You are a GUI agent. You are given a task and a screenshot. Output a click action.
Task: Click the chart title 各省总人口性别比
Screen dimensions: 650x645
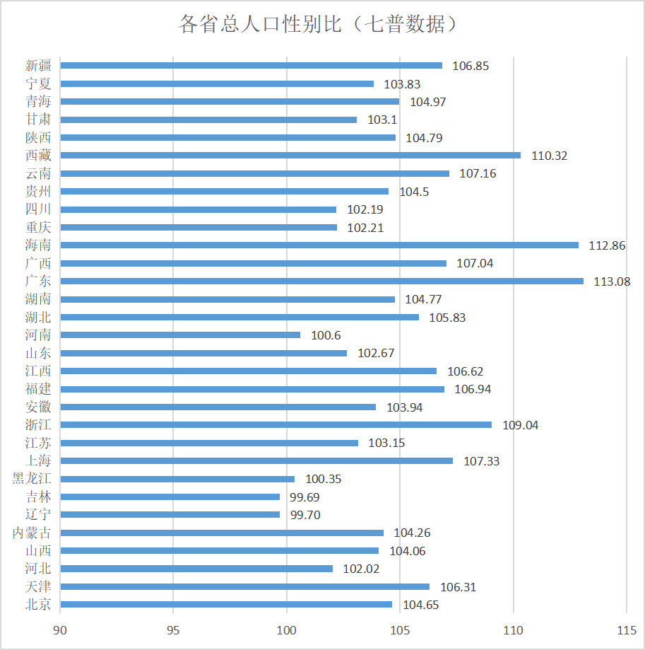coord(321,25)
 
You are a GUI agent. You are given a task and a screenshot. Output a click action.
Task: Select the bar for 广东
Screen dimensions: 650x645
coord(322,281)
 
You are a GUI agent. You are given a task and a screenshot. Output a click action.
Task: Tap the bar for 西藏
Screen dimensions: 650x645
coord(290,155)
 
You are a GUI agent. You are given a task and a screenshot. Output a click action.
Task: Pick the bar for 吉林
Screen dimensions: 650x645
coord(170,497)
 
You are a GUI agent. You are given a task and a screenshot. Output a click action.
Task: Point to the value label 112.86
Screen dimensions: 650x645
coord(607,245)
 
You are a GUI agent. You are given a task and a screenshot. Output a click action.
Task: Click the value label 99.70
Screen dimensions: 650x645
coord(305,515)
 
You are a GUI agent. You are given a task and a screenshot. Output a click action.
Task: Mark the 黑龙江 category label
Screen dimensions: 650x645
coord(32,479)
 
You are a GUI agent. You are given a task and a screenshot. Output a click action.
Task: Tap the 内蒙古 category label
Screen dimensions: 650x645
coord(32,533)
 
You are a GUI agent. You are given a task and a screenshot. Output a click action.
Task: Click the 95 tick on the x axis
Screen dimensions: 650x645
coord(174,629)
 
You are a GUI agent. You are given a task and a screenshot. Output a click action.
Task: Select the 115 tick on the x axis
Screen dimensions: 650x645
coord(626,629)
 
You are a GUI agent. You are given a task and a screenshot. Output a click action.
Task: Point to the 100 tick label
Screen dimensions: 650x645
coord(287,629)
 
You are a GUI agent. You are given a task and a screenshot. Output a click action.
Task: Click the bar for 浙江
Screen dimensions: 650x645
coord(276,424)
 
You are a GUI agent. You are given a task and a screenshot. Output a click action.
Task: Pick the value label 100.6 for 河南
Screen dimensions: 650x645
coord(325,335)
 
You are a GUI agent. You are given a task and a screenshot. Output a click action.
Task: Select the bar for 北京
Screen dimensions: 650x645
coord(226,604)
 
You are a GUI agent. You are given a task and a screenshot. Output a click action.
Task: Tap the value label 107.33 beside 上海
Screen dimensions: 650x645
coord(481,461)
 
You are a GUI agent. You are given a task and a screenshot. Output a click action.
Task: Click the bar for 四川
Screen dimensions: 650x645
coord(199,209)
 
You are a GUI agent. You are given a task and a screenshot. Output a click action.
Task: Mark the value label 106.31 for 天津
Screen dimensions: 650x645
coord(458,587)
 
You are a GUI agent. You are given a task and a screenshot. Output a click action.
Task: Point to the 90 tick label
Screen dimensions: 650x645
coord(61,629)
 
